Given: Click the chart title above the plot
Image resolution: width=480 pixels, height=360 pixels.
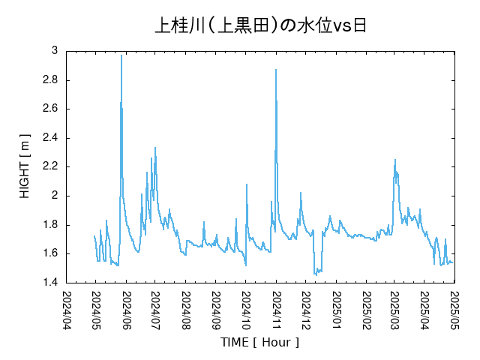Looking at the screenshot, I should pyautogui.click(x=260, y=26).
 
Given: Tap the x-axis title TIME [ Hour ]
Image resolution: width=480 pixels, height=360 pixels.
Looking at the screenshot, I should pyautogui.click(x=259, y=342).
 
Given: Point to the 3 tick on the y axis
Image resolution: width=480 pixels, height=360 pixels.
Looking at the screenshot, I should pyautogui.click(x=54, y=51).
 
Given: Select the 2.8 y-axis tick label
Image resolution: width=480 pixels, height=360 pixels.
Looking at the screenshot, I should pyautogui.click(x=49, y=80).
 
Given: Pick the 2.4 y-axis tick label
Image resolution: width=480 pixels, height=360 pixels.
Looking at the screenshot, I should pyautogui.click(x=49, y=138).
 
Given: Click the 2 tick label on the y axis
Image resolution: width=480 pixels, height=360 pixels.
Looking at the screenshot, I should pyautogui.click(x=54, y=196).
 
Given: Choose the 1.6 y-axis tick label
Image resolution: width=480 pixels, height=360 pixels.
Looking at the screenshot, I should pyautogui.click(x=49, y=253).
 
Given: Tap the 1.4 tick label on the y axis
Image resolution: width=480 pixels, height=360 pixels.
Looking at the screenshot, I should pyautogui.click(x=49, y=283).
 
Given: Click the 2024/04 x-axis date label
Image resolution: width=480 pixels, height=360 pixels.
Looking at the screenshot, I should pyautogui.click(x=66, y=309).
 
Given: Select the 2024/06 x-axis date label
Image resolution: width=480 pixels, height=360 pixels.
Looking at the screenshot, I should pyautogui.click(x=126, y=309).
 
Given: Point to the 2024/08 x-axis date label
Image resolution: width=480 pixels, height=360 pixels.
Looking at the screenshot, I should pyautogui.click(x=185, y=309).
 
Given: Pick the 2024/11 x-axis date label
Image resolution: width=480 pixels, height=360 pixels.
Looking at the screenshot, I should pyautogui.click(x=275, y=309).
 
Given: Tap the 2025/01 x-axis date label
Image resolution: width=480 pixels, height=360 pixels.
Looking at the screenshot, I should pyautogui.click(x=335, y=309).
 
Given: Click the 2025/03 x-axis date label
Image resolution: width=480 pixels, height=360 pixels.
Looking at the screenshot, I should pyautogui.click(x=394, y=309).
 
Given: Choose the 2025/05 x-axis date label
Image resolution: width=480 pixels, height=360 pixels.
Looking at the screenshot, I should pyautogui.click(x=454, y=309).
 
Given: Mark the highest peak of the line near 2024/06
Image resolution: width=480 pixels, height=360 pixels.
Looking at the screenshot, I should pyautogui.click(x=121, y=55).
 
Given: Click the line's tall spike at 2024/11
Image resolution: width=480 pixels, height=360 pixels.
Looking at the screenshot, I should pyautogui.click(x=276, y=70).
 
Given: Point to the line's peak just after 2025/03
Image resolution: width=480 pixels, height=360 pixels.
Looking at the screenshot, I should pyautogui.click(x=395, y=160).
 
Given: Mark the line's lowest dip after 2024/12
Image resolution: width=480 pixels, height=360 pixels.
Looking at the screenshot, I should pyautogui.click(x=316, y=274).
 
